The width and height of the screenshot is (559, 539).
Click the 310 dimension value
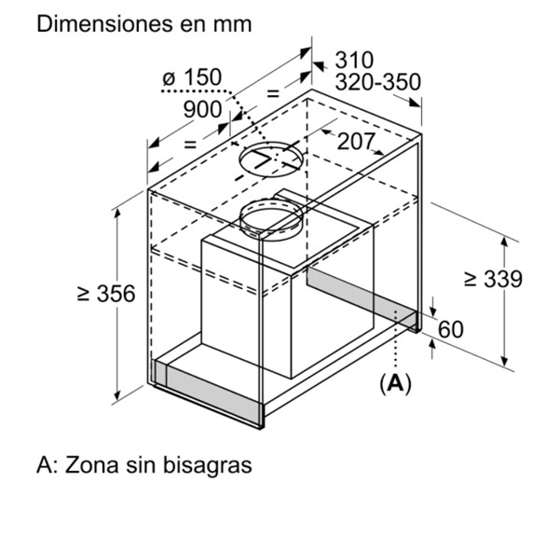pos(354,60)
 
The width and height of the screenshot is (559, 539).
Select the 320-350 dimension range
pos(378,82)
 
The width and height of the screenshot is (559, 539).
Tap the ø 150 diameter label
pos(192,77)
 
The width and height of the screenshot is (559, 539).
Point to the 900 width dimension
pos(202,109)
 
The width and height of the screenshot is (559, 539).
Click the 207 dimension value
pos(356,142)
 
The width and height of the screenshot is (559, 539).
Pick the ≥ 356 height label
pos(106,294)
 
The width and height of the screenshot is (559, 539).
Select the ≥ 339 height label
pos(494,279)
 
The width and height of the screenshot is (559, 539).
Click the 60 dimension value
pos(451,329)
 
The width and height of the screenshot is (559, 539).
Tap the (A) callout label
pos(395,384)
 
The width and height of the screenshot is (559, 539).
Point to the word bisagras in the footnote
pos(208,464)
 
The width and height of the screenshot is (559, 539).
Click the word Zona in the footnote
pos(91,465)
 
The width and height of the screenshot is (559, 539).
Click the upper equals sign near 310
pos(273,94)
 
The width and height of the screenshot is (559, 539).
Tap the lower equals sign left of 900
pos(190,145)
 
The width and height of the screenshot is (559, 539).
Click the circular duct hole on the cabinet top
pos(273,143)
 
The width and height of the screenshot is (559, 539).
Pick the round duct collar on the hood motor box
pos(271,201)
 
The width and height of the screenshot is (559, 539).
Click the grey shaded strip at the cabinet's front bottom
pos(207,392)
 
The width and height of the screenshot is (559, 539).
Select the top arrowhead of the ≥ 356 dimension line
pos(117,213)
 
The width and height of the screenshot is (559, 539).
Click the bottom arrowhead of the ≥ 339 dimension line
pos(504,360)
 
